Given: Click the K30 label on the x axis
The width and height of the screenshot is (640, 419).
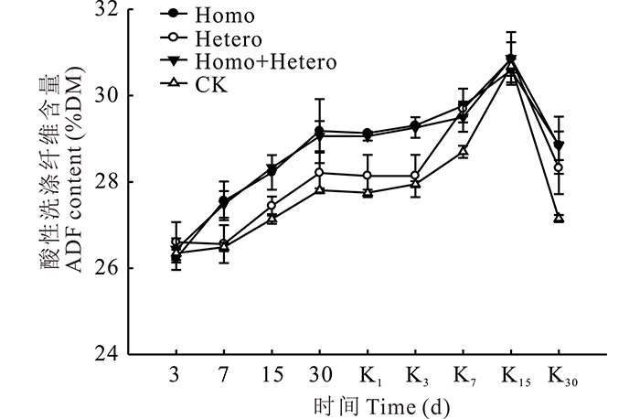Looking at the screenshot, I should pyautogui.click(x=561, y=376).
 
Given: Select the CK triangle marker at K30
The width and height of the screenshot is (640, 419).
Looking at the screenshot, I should pyautogui.click(x=559, y=218).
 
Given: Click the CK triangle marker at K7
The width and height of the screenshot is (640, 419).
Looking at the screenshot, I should pyautogui.click(x=464, y=151).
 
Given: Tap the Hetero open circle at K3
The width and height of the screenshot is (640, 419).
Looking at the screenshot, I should pyautogui.click(x=415, y=175).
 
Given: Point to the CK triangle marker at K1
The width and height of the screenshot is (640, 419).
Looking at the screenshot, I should pyautogui.click(x=368, y=192).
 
